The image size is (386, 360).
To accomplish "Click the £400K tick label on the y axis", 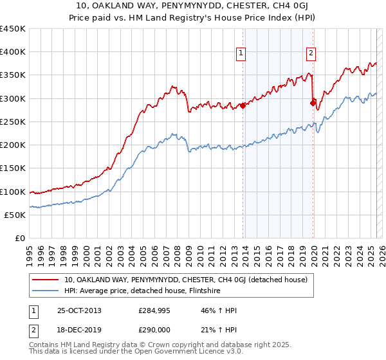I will pyautogui.click(x=13, y=52).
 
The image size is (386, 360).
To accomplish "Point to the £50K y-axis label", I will pyautogui.click(x=15, y=215).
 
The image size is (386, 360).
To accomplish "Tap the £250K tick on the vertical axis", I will pyautogui.click(x=13, y=122).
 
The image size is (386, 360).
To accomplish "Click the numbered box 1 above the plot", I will pyautogui.click(x=241, y=54).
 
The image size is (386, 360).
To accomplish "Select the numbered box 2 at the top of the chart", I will pyautogui.click(x=311, y=54).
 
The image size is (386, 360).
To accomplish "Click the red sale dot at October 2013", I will pyautogui.click(x=243, y=105).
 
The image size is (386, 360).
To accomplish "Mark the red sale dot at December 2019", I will pyautogui.click(x=313, y=102).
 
